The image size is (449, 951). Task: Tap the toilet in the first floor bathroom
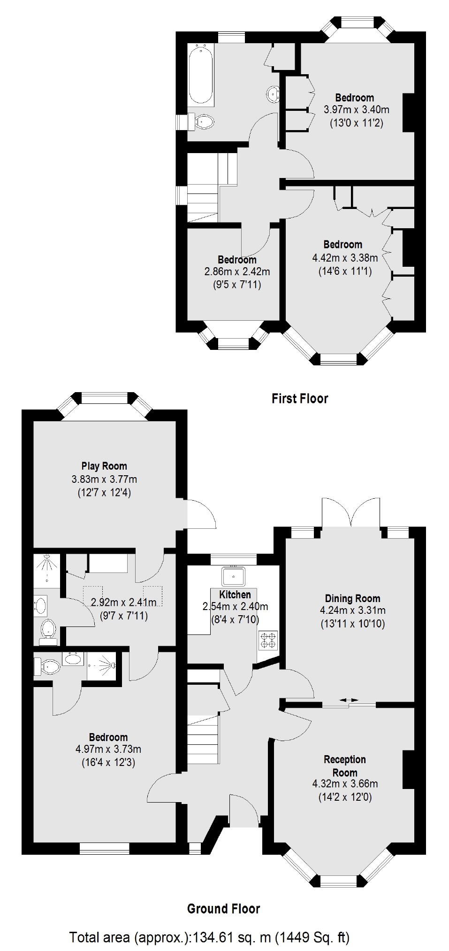[x=204, y=122]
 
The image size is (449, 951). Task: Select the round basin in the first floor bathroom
[x=273, y=94]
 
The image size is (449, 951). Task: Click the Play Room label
[x=104, y=466]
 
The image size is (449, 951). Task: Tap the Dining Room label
[x=352, y=598]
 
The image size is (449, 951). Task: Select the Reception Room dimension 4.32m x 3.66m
[x=345, y=784]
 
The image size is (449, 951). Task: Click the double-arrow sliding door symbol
[x=349, y=700]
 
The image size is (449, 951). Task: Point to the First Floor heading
[x=300, y=399]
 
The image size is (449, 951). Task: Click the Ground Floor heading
[x=223, y=909]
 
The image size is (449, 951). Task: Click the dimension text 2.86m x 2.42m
[x=237, y=271]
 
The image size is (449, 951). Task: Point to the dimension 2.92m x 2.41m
[x=123, y=603]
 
